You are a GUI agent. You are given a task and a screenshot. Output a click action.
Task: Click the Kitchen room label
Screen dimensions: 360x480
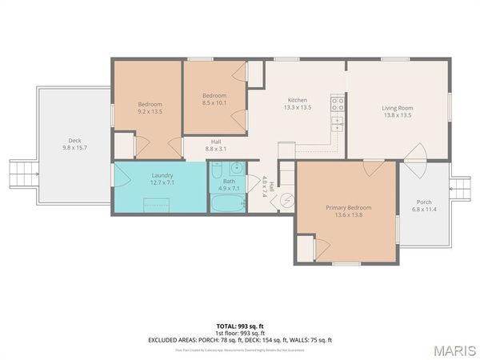coord(298,100)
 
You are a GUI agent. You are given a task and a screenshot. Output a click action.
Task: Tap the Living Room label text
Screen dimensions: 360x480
coord(397,108)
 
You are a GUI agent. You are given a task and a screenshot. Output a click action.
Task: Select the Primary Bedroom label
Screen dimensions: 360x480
coord(348,208)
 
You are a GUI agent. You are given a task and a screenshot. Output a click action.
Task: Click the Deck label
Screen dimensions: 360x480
coord(74,140)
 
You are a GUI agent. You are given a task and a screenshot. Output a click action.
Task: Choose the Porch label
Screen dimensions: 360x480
coord(424,202)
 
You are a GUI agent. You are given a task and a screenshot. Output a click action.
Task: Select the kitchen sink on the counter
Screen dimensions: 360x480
coord(338,124)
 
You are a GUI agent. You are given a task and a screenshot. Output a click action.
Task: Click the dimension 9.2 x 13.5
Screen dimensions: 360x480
coord(150,112)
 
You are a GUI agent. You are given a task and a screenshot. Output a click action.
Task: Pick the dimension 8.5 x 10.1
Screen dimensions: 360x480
coord(215,102)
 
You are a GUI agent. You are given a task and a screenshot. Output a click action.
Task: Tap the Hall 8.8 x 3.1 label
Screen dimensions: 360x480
coord(216,145)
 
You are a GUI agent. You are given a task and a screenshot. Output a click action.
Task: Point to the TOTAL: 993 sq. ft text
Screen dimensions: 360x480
coord(239,326)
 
